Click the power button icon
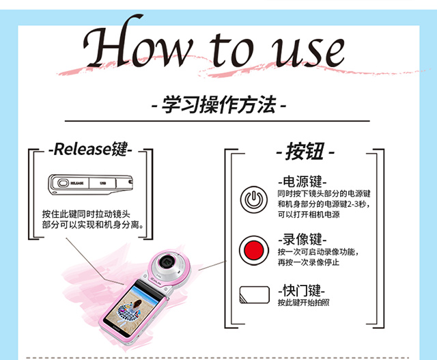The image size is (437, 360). pos(253,199)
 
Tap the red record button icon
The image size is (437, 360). pos(253,251)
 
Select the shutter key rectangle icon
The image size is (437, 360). pos(255,294)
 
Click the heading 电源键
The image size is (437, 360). pos(302,182)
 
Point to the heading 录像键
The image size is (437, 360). pos(302,239)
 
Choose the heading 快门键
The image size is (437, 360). pos(302,290)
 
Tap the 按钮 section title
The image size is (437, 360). pos(305,152)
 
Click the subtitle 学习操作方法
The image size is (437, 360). pos(219,105)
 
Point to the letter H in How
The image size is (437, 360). pos(111,42)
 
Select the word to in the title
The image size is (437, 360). pos(231,50)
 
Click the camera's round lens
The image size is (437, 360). pos(168,263)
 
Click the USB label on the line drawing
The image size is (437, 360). pos(103,183)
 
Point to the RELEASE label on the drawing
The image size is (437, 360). pos(77,183)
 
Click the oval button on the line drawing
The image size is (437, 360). pos(63,183)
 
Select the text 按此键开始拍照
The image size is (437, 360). pos(303,303)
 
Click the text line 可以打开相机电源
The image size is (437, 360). pos(309,214)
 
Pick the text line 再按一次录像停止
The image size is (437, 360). pos(309,262)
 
